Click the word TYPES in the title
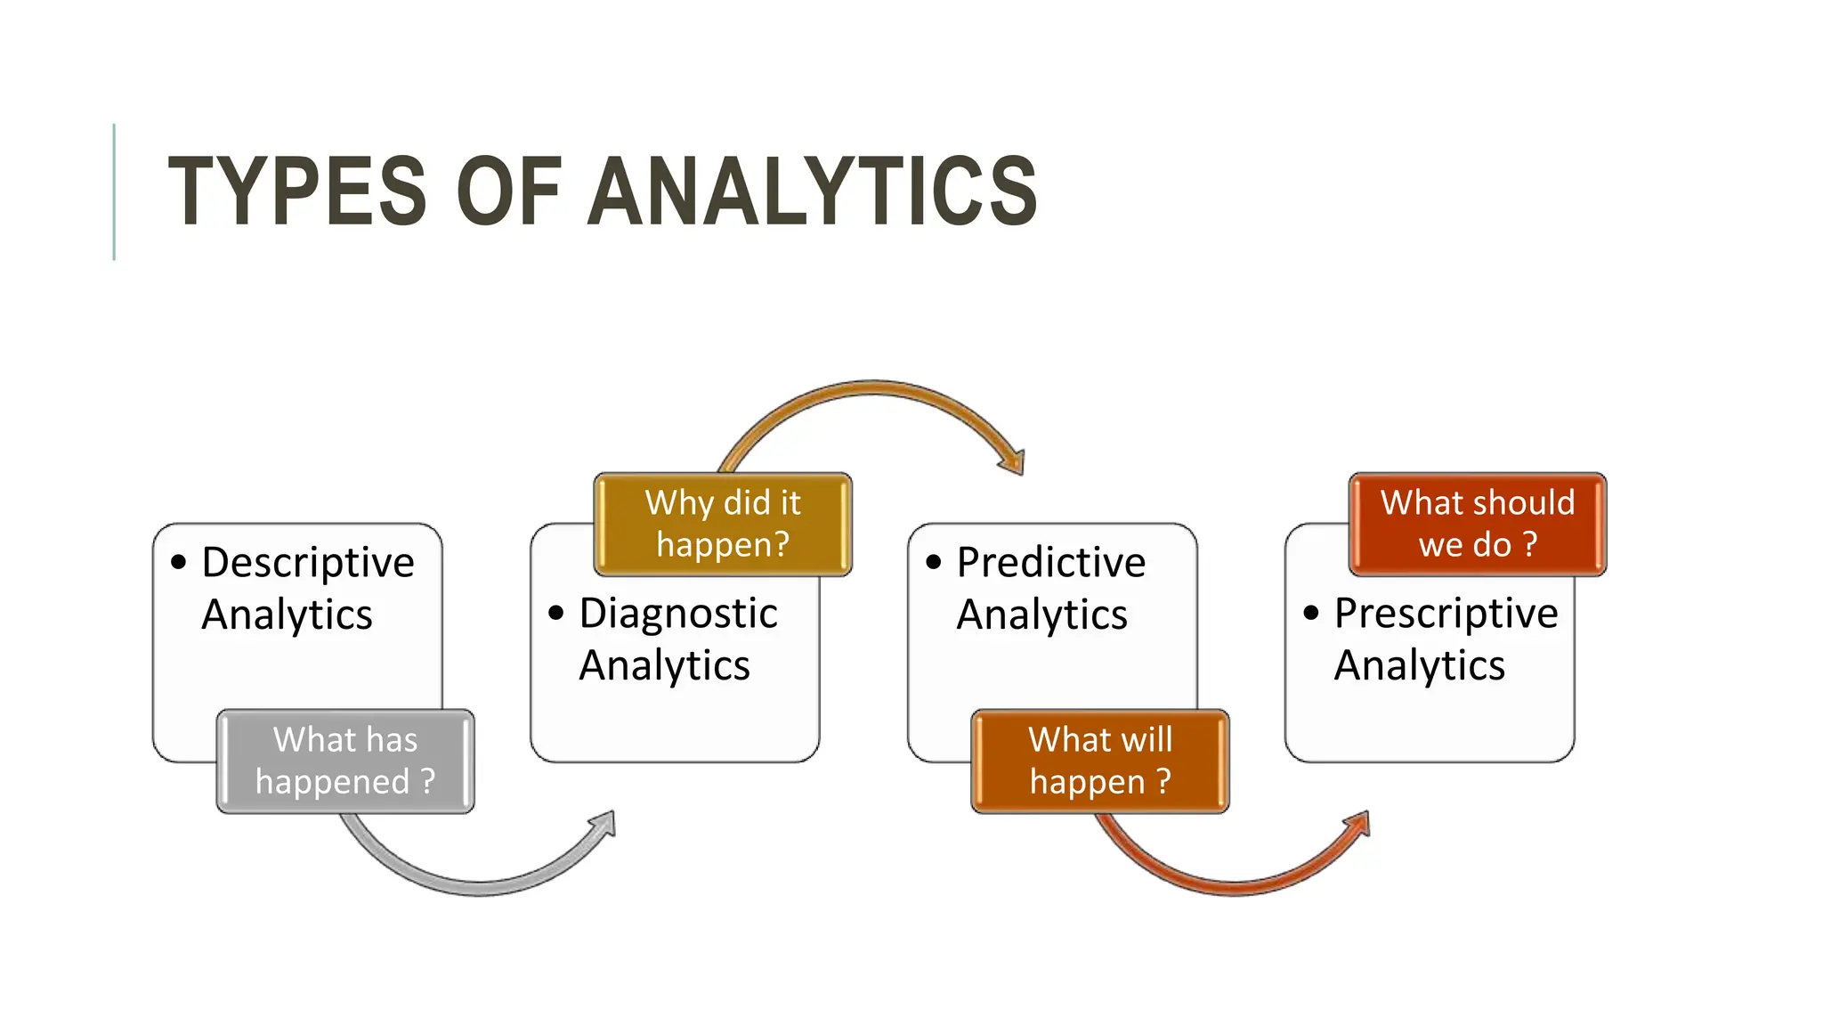[x=297, y=191]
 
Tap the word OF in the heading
[x=508, y=191]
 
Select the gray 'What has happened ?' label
[x=345, y=761]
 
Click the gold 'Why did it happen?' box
[x=723, y=524]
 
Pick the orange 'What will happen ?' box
[x=1100, y=761]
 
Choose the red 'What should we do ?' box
[x=1478, y=524]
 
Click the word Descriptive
[x=308, y=563]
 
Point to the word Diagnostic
[x=678, y=614]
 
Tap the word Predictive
[x=1051, y=563]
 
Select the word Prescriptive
[x=1446, y=614]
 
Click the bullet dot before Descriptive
[x=179, y=562]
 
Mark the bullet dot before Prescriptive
[x=1311, y=613]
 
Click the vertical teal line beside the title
[x=114, y=191]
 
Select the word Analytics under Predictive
[x=1041, y=615]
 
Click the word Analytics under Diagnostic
[x=664, y=665]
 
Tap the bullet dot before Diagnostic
[x=556, y=613]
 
